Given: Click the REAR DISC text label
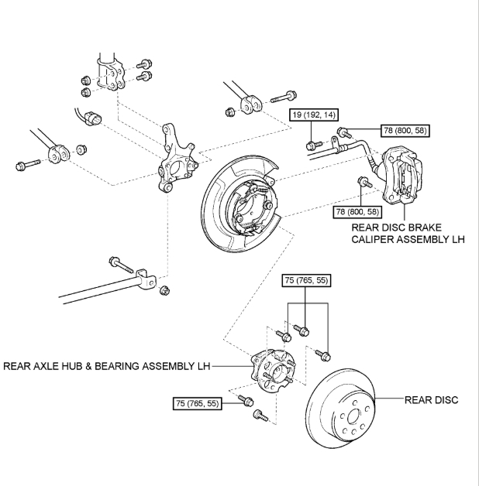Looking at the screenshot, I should coord(431,400).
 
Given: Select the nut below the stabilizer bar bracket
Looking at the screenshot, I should coord(164,291).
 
